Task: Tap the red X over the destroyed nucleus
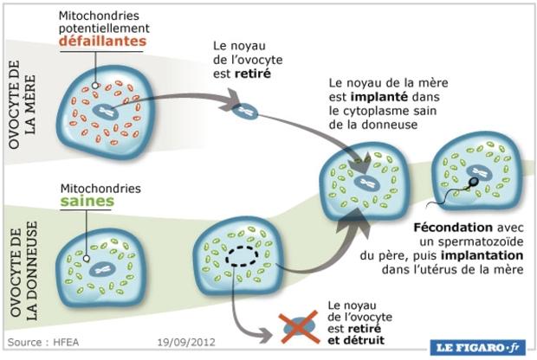point(301,325)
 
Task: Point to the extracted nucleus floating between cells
point(249,111)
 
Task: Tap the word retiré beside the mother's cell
point(256,74)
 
